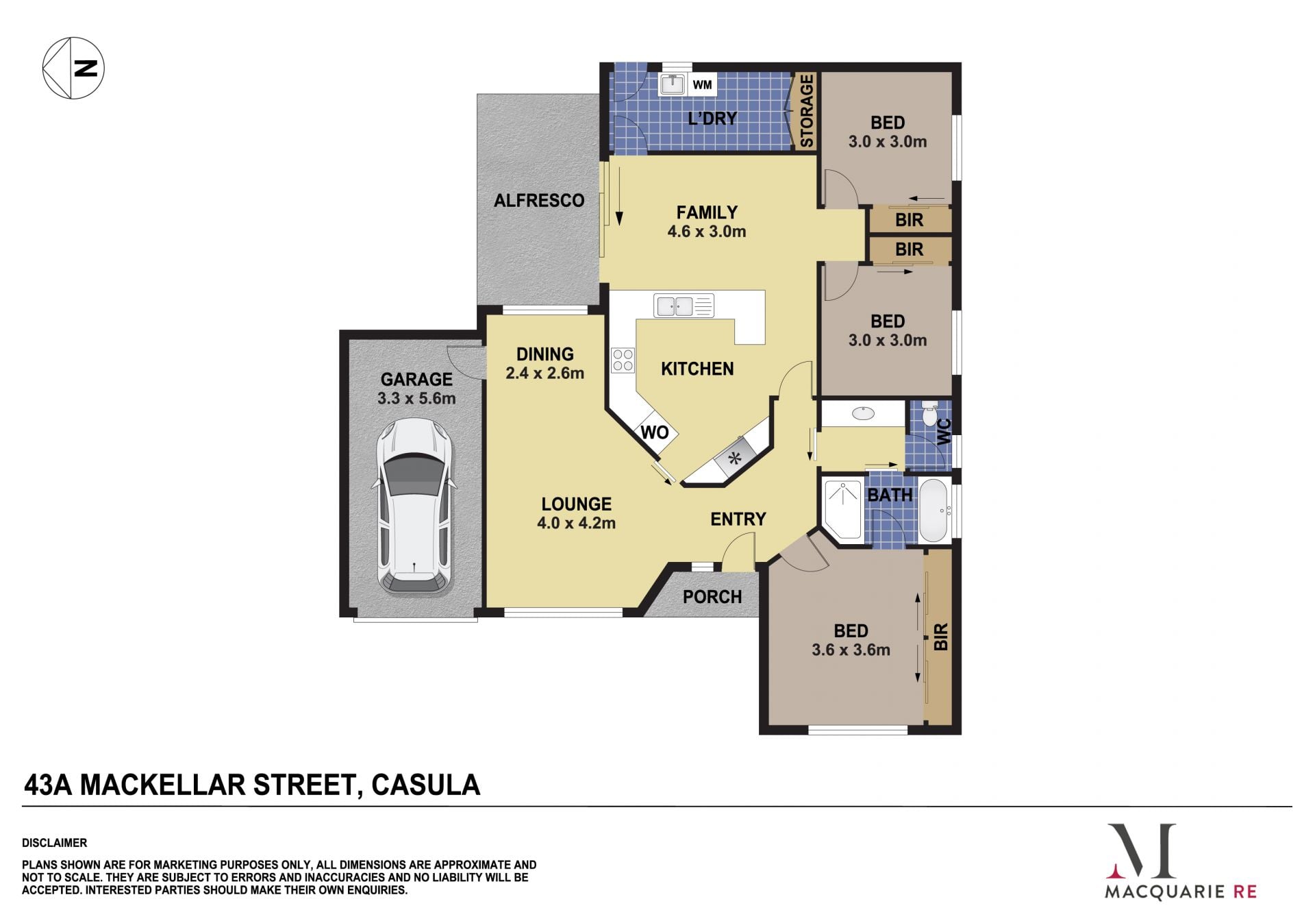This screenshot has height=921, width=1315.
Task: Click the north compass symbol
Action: pos(73,68)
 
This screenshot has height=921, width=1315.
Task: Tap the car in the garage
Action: pos(414,506)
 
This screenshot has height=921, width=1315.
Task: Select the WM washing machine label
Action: pos(702,85)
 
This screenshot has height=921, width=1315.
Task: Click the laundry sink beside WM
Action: pos(673,84)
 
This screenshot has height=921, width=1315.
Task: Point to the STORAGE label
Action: pos(807,111)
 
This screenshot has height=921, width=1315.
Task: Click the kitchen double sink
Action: pos(684,306)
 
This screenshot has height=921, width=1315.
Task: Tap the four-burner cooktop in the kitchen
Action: pos(623,360)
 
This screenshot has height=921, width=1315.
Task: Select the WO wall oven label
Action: pos(654,432)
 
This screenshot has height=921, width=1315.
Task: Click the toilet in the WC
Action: pos(929,414)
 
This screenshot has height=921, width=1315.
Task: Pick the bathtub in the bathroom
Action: pos(933,511)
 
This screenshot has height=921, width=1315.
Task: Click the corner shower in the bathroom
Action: pos(842,510)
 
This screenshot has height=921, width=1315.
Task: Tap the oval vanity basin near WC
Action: pos(863,413)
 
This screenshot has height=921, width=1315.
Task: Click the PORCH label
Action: pos(712,597)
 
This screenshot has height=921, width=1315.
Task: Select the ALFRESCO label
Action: pos(539,201)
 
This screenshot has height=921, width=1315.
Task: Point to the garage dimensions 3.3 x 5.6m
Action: pos(416,398)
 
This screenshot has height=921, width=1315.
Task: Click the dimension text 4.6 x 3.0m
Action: pos(707,232)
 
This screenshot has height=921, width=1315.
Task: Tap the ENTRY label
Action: pos(738,519)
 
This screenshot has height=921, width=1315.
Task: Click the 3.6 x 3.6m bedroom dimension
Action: pos(851,650)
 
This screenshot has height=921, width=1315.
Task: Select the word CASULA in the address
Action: pos(425,785)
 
